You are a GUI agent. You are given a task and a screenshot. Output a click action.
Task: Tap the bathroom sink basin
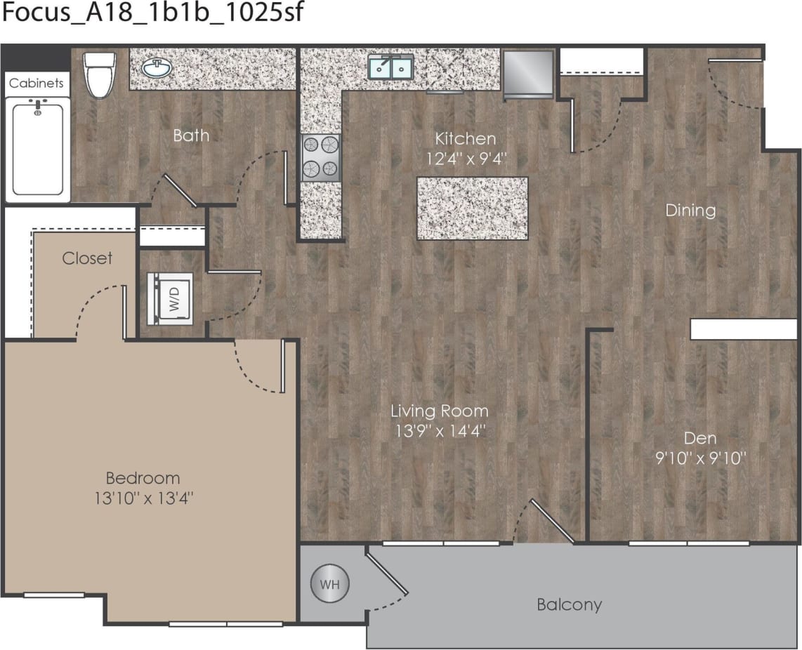point(156,68)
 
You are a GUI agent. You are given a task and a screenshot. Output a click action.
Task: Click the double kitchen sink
point(391,67)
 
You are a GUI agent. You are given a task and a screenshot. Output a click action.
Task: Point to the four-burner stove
point(321,158)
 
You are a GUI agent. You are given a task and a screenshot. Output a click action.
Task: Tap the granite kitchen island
point(472,208)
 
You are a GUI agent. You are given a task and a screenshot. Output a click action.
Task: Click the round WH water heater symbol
point(329,583)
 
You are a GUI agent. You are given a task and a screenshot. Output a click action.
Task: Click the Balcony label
point(569,604)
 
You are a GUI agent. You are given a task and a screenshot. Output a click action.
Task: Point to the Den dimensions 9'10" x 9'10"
point(701,460)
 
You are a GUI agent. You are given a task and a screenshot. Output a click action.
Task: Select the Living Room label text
point(439,411)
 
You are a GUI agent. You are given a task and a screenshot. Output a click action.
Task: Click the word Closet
point(87,258)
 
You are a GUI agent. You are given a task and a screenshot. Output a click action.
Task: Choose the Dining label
point(690,210)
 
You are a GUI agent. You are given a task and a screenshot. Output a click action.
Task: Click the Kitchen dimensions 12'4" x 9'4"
point(466,159)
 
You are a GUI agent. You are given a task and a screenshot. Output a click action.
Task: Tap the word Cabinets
point(36,83)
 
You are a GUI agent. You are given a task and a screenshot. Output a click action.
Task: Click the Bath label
point(191,135)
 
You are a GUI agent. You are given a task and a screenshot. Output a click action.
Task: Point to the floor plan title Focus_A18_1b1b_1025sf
point(152,13)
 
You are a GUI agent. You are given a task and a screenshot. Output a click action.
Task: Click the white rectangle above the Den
point(743,329)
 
